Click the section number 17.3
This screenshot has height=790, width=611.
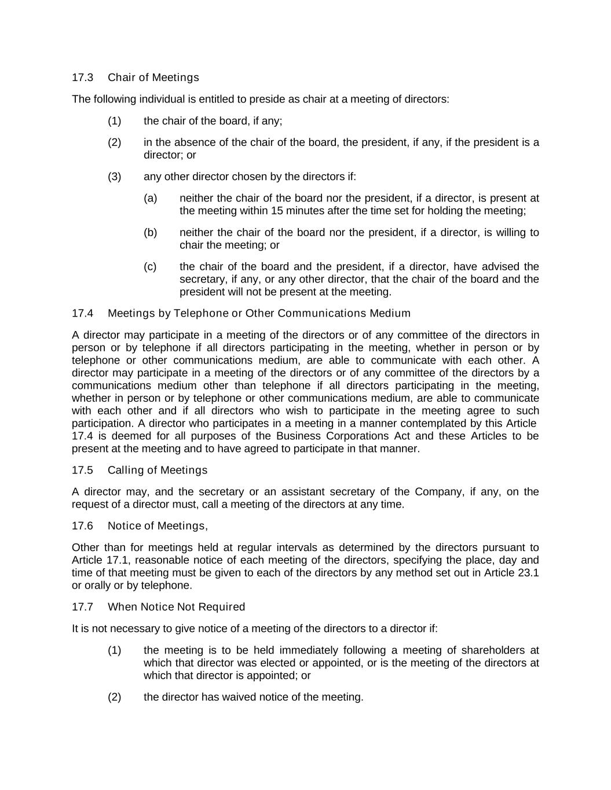[x=82, y=78]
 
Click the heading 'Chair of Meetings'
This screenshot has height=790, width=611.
[x=153, y=78]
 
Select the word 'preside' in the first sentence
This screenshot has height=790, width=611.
[x=268, y=99]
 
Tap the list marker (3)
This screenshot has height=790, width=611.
[x=114, y=177]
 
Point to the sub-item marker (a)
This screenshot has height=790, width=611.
[x=150, y=198]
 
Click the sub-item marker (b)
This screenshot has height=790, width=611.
[x=150, y=233]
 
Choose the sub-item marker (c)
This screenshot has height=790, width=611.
[x=150, y=267]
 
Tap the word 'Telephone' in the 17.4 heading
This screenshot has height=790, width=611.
[x=201, y=314]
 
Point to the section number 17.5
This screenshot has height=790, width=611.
[x=82, y=470]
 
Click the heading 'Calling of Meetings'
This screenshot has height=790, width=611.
[x=157, y=470]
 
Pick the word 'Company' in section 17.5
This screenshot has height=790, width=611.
[x=438, y=492]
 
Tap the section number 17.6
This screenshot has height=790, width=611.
[x=82, y=526]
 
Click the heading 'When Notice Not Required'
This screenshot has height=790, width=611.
[x=176, y=607]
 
